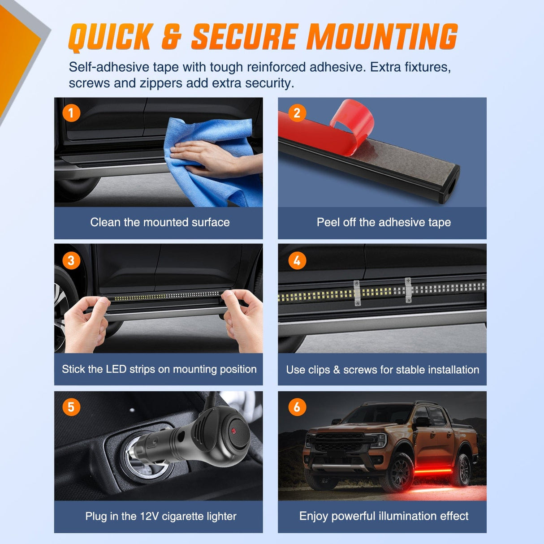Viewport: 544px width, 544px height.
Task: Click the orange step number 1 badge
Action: (x=71, y=113)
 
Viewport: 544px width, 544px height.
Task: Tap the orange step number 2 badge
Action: (x=297, y=113)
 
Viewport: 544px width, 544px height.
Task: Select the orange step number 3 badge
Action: (x=71, y=260)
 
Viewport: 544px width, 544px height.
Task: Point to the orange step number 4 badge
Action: (x=297, y=260)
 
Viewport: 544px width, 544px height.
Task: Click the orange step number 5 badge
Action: (x=71, y=407)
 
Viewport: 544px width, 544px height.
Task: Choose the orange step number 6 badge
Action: (x=297, y=407)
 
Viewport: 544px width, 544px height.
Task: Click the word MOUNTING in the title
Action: (x=382, y=37)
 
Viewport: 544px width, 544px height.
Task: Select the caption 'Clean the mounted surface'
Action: (x=160, y=222)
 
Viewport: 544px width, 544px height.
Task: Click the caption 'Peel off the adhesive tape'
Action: (x=384, y=222)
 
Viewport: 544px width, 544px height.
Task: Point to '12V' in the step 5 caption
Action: (x=149, y=516)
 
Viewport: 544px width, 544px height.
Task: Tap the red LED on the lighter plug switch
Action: (x=233, y=431)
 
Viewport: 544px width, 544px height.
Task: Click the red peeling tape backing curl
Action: (x=353, y=119)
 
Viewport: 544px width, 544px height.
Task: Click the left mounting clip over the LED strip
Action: (x=357, y=293)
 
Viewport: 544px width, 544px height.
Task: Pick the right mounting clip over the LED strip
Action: (x=408, y=290)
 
